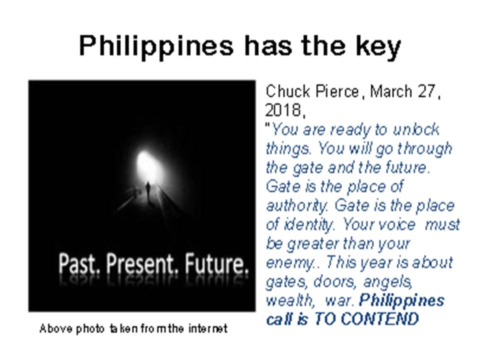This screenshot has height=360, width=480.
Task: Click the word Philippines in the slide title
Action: click(156, 46)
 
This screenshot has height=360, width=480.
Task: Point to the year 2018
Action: click(283, 110)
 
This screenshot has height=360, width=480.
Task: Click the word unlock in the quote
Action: click(416, 129)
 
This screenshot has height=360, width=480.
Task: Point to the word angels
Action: click(387, 281)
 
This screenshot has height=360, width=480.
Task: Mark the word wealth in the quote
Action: click(289, 300)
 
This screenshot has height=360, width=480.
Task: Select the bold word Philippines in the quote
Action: click(401, 300)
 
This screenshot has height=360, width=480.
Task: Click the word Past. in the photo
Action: click(79, 263)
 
